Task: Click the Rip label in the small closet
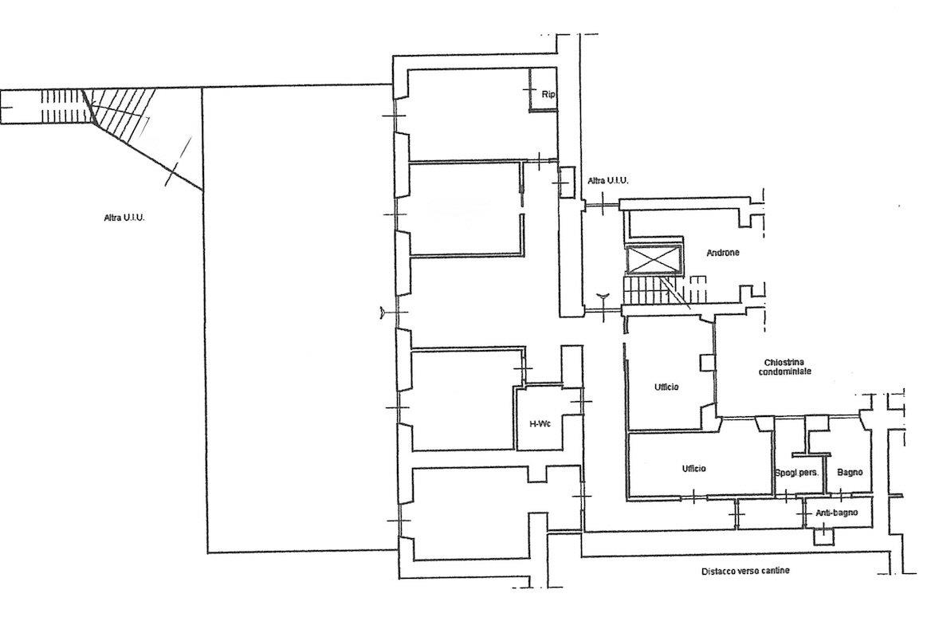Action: pyautogui.click(x=548, y=94)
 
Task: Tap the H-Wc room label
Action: pyautogui.click(x=540, y=424)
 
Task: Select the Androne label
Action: pyautogui.click(x=723, y=253)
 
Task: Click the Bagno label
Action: pyautogui.click(x=850, y=473)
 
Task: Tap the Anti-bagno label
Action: pyautogui.click(x=836, y=513)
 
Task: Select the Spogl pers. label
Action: pyautogui.click(x=797, y=474)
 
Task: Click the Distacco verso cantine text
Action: pyautogui.click(x=745, y=572)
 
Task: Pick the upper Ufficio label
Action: pyautogui.click(x=666, y=387)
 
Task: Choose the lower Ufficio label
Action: pyautogui.click(x=693, y=469)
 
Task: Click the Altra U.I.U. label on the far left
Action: pyautogui.click(x=124, y=218)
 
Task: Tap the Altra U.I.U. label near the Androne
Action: pyautogui.click(x=607, y=180)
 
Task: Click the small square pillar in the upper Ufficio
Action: pyautogui.click(x=708, y=363)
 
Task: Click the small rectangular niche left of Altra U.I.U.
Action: pyautogui.click(x=567, y=183)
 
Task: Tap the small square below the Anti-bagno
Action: pyautogui.click(x=824, y=537)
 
